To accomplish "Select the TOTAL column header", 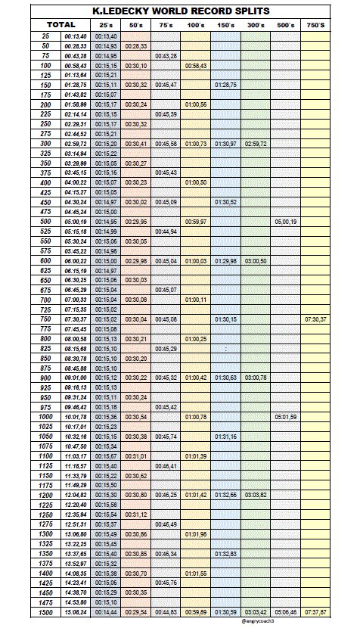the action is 61,24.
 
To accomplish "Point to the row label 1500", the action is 46,611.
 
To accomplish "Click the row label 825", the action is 46,348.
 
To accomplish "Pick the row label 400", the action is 46,182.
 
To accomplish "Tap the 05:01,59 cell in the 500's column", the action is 285,416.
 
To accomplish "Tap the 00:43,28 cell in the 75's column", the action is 166,56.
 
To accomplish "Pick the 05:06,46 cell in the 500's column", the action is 285,611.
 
